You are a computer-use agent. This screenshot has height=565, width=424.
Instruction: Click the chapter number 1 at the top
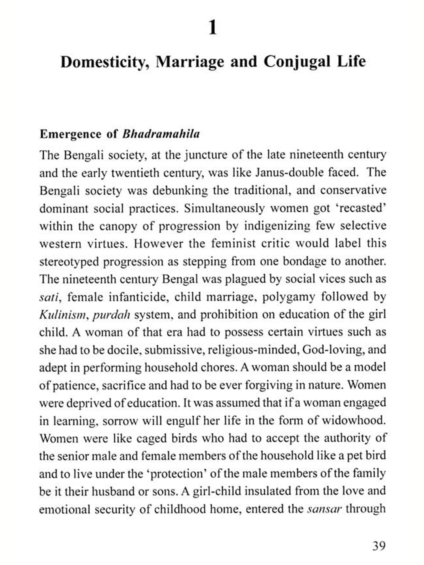point(213,28)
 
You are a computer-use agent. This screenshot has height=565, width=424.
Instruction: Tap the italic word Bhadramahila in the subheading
point(161,134)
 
